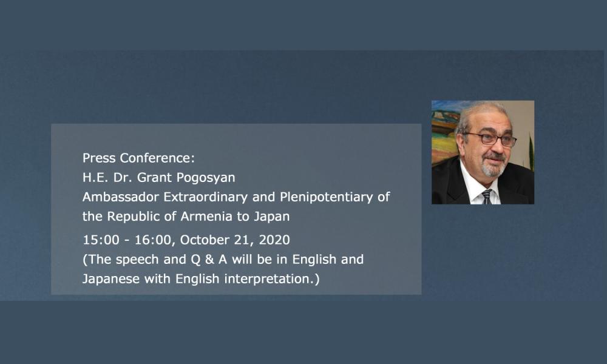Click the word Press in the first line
pos(100,158)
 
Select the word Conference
pos(157,158)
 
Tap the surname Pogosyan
pos(206,178)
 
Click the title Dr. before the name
pos(123,177)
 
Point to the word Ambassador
pos(121,197)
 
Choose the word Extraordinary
pos(205,197)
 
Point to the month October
pos(205,240)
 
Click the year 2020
pos(274,240)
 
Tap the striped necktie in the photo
pos(487,197)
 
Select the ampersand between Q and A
pos(209,259)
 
